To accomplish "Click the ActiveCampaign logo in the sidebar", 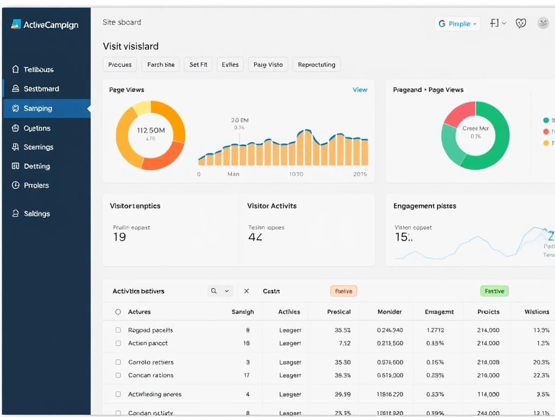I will [x=44, y=24].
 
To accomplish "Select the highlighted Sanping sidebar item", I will [x=38, y=109].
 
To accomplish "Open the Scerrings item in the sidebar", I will [x=38, y=147].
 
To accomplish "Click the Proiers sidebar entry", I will [x=36, y=185].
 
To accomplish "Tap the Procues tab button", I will [x=120, y=65].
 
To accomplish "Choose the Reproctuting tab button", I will [x=317, y=65].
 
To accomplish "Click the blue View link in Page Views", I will [x=360, y=90].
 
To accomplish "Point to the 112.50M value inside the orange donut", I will [x=151, y=130].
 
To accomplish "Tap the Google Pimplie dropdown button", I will [x=457, y=24].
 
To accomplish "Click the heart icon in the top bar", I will [x=521, y=23].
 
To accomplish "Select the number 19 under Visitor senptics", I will [x=119, y=237].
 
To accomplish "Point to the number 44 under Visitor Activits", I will [x=255, y=237].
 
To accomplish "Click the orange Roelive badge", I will [x=344, y=291].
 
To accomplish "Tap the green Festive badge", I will [x=494, y=291].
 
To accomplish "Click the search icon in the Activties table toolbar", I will [x=214, y=291].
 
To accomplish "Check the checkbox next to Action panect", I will [x=118, y=343].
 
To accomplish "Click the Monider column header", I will [x=390, y=312].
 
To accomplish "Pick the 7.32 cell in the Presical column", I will [x=344, y=343].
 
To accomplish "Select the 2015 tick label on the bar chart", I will [x=360, y=174].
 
